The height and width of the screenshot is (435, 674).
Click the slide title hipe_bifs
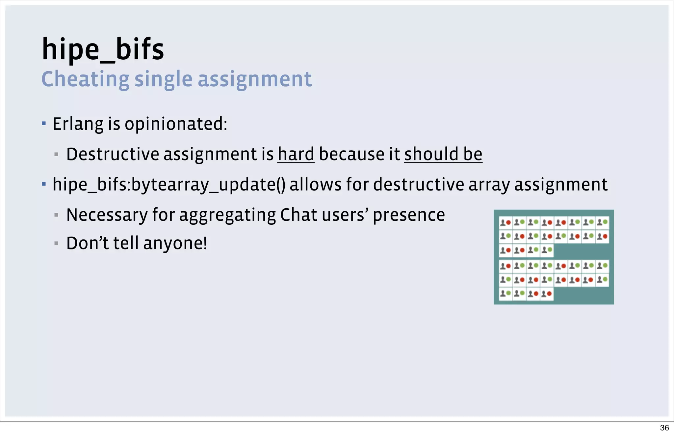click(103, 49)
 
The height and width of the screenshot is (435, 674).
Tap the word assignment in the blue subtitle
click(254, 79)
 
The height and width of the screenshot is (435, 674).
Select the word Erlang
click(78, 124)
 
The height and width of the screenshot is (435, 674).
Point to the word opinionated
click(175, 124)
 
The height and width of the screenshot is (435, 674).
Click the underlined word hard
click(296, 154)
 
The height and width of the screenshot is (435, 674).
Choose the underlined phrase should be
click(443, 154)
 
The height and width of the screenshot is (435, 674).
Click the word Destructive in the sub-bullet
click(113, 154)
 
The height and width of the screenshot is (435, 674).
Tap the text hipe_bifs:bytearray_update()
click(168, 185)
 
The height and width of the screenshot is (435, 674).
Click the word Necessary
click(107, 215)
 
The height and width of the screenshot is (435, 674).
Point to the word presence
click(409, 215)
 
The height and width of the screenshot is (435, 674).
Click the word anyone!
click(175, 244)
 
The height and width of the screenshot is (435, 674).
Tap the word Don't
click(88, 244)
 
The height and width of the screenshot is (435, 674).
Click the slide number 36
click(664, 428)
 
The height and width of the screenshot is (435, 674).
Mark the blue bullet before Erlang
click(44, 124)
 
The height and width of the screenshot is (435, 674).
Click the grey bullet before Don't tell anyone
click(56, 244)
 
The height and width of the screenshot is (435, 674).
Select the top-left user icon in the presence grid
click(503, 222)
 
